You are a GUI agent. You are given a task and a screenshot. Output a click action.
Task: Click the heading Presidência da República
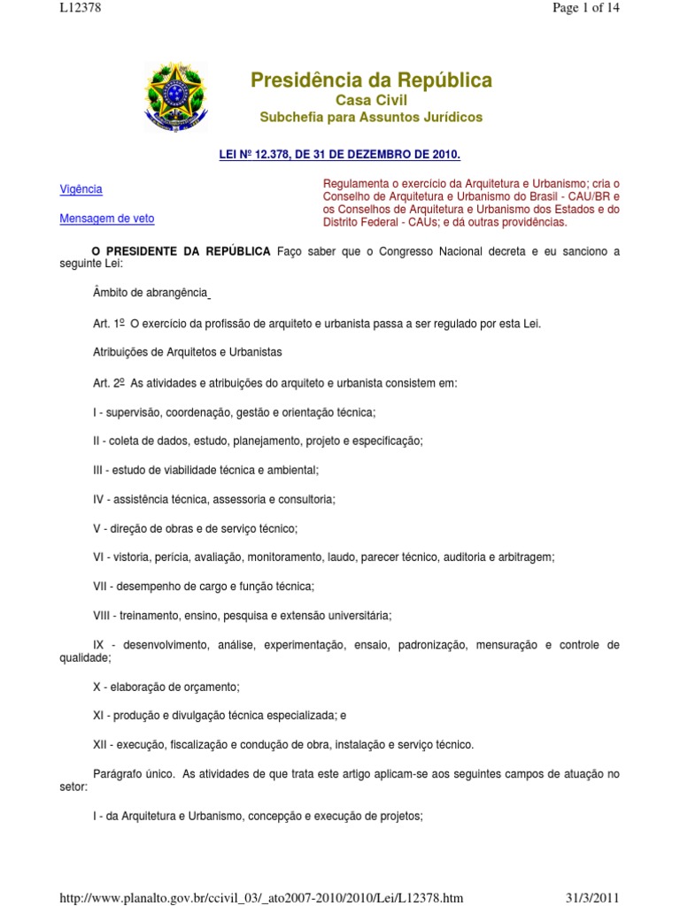tap(371, 81)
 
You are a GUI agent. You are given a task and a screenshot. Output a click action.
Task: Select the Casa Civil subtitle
tap(371, 101)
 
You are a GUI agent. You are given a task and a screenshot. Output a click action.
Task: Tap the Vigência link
tap(81, 189)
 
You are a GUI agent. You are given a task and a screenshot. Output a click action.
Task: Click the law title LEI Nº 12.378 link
tap(340, 154)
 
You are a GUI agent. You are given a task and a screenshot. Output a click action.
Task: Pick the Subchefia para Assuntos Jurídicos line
tap(371, 118)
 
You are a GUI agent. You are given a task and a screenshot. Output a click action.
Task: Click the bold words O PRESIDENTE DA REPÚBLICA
tap(182, 251)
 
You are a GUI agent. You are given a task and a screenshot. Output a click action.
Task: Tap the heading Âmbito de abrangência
tap(150, 293)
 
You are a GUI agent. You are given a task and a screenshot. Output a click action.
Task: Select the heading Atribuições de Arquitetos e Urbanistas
tap(187, 352)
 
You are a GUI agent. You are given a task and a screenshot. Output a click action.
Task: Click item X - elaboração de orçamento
tap(166, 686)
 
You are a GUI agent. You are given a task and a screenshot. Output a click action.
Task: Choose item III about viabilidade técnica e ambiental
tap(205, 470)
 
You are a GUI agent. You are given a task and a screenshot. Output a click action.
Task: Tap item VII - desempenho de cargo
tap(204, 586)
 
